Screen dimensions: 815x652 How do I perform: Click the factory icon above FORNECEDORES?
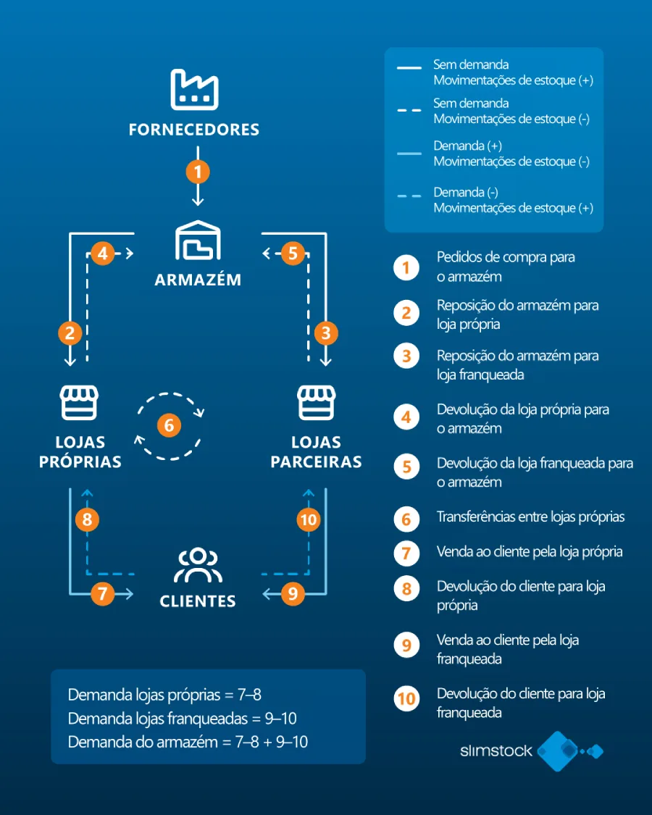pyautogui.click(x=194, y=90)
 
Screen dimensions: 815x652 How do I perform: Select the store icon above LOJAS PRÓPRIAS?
pyautogui.click(x=79, y=403)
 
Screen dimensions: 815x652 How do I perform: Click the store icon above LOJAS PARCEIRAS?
pyautogui.click(x=316, y=403)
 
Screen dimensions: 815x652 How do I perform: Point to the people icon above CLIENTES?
pyautogui.click(x=198, y=567)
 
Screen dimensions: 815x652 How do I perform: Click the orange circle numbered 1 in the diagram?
pyautogui.click(x=198, y=172)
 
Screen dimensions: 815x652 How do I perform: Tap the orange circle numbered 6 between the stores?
pyautogui.click(x=169, y=425)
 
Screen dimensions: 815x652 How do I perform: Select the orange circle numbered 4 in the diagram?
pyautogui.click(x=103, y=254)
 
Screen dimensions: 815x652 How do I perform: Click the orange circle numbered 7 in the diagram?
pyautogui.click(x=103, y=595)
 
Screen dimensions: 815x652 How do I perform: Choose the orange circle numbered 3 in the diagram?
pyautogui.click(x=327, y=333)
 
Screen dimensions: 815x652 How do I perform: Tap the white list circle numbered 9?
pyautogui.click(x=406, y=645)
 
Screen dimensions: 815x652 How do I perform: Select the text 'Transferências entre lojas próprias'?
pyautogui.click(x=530, y=517)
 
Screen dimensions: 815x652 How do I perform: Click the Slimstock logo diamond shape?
pyautogui.click(x=559, y=751)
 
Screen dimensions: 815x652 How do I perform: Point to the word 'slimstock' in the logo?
pyautogui.click(x=496, y=751)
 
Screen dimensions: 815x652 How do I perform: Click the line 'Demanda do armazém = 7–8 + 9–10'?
pyautogui.click(x=188, y=741)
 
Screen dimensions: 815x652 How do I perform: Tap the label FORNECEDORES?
pyautogui.click(x=194, y=130)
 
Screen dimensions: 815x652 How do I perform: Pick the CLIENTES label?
pyautogui.click(x=198, y=601)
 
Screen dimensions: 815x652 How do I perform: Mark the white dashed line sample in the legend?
pyautogui.click(x=409, y=111)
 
